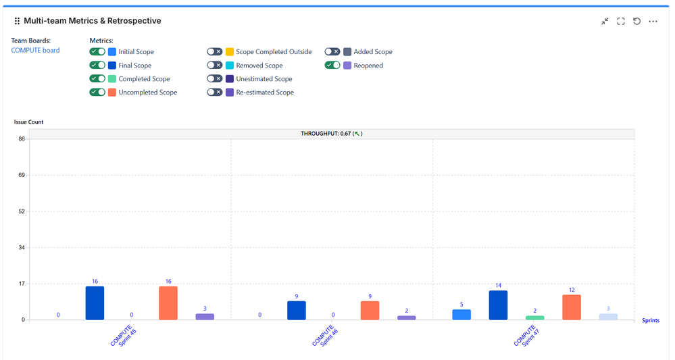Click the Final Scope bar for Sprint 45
(x=95, y=303)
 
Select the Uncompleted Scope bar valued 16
(x=168, y=303)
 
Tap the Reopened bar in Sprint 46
(x=407, y=317)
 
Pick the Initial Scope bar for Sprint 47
(x=461, y=314)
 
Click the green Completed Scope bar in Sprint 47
(x=534, y=317)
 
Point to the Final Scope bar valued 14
(x=498, y=305)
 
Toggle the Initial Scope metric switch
(x=97, y=51)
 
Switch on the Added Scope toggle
(x=332, y=51)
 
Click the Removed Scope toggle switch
(x=215, y=66)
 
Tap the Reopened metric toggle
(x=332, y=66)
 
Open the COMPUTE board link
(x=35, y=50)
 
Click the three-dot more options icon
(x=653, y=22)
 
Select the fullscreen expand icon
(x=621, y=22)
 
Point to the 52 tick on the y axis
(x=22, y=211)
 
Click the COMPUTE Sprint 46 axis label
(x=326, y=336)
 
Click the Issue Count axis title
(x=29, y=122)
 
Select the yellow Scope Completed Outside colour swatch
(x=230, y=52)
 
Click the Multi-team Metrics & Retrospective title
(x=92, y=21)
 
